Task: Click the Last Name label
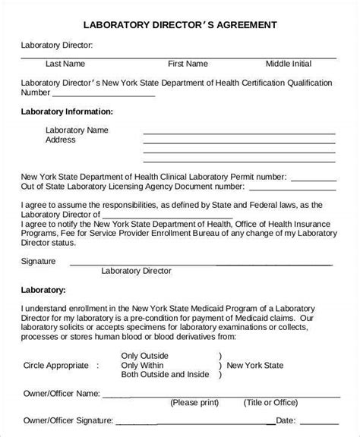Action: pyautogui.click(x=65, y=64)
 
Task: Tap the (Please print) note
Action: pyautogui.click(x=196, y=402)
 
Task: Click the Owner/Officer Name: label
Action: pyautogui.click(x=60, y=393)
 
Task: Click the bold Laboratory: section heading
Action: pyautogui.click(x=43, y=289)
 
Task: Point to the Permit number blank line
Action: pyautogui.click(x=313, y=177)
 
